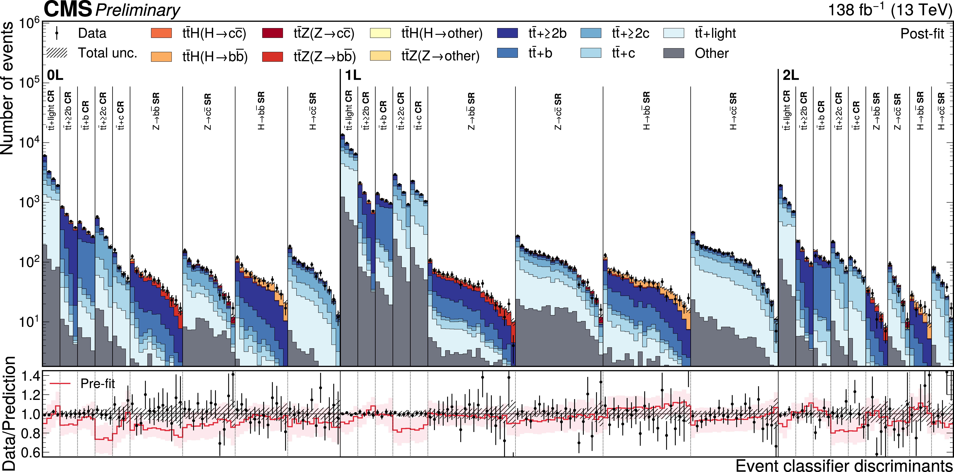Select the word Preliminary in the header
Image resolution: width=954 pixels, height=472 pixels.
click(x=138, y=10)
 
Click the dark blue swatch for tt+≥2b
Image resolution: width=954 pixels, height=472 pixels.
click(x=507, y=33)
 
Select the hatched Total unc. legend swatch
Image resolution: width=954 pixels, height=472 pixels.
click(x=57, y=53)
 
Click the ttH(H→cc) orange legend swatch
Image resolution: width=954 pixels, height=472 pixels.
click(x=162, y=33)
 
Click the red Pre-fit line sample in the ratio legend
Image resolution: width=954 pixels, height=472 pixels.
click(x=60, y=384)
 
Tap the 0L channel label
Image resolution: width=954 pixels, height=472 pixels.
click(x=55, y=75)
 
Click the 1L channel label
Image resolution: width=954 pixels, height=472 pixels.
click(x=353, y=75)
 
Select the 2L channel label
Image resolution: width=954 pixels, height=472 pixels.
click(x=791, y=75)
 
